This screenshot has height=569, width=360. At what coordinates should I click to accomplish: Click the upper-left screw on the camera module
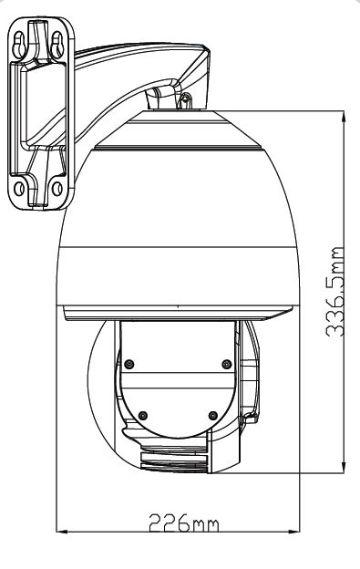[x=129, y=365]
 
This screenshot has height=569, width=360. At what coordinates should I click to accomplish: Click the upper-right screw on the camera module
[x=225, y=365]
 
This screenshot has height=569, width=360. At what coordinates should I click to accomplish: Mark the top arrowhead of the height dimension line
[x=345, y=117]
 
